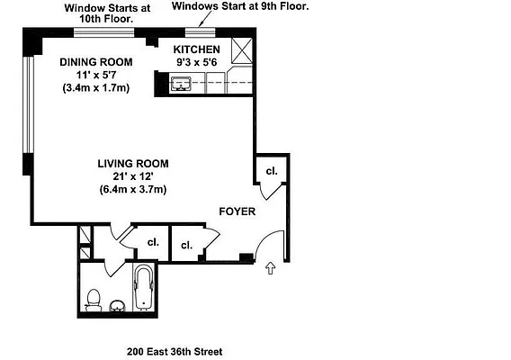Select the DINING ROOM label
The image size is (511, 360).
tap(96, 61)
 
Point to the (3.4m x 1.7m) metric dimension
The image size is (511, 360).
tap(96, 88)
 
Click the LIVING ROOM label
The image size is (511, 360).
tap(133, 163)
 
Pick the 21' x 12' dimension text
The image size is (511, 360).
tap(133, 176)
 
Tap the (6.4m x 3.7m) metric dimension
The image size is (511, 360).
tap(133, 190)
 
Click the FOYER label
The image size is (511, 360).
tap(238, 212)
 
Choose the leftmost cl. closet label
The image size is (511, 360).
tap(153, 241)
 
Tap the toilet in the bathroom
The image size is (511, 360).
tap(93, 299)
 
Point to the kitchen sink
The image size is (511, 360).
tap(181, 85)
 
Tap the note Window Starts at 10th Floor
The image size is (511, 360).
tap(108, 13)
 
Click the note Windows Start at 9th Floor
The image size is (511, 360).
tap(240, 6)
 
